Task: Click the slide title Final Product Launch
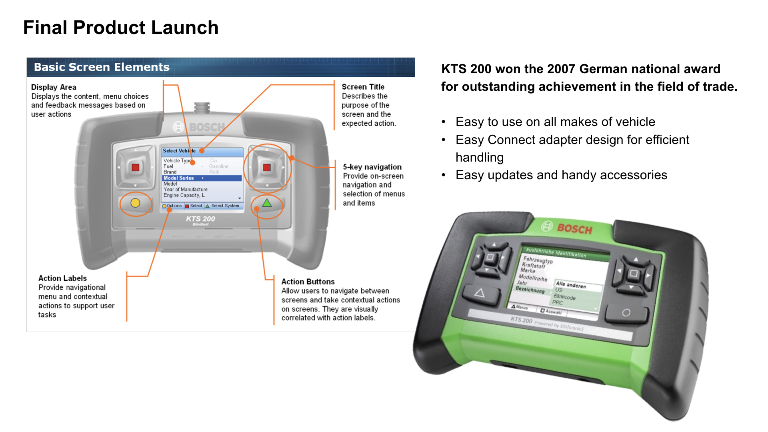point(121,28)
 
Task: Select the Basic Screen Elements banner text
point(102,67)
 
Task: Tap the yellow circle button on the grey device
point(135,203)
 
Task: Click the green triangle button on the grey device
point(267,203)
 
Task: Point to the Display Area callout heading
point(54,87)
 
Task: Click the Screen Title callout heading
point(363,87)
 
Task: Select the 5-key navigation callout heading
point(372,167)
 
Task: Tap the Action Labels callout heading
point(62,278)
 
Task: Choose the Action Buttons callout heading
point(308,282)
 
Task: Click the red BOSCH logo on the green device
point(574,229)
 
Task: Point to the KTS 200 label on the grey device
point(200,219)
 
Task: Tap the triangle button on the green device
point(480,293)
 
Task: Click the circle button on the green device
point(626,312)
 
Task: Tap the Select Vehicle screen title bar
point(202,151)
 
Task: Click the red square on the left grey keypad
point(136,168)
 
